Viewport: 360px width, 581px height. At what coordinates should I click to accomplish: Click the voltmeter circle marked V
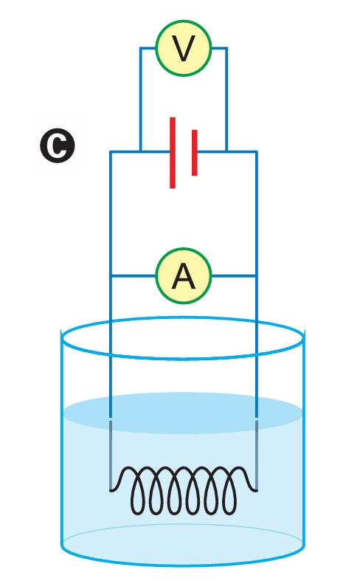click(x=184, y=48)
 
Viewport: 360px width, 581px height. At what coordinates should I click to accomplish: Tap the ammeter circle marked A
click(x=184, y=276)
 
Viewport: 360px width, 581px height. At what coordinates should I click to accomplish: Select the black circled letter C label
click(x=58, y=145)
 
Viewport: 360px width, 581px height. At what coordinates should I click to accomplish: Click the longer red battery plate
click(x=173, y=153)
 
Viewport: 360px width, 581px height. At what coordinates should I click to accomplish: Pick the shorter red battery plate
click(x=195, y=153)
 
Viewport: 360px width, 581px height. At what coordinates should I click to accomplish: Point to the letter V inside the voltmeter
click(x=184, y=49)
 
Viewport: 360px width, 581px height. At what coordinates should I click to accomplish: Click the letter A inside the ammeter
click(x=184, y=276)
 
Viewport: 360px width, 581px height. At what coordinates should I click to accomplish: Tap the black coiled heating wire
click(x=184, y=490)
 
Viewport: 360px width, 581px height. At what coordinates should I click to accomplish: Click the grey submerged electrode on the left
click(x=111, y=455)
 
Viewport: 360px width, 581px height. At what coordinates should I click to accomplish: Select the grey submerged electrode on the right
click(x=257, y=455)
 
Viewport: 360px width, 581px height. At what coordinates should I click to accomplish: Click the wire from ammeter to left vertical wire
click(x=134, y=275)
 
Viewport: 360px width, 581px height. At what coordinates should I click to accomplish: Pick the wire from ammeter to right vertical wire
click(x=234, y=275)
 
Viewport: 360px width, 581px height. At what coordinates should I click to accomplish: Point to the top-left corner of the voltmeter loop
click(x=140, y=48)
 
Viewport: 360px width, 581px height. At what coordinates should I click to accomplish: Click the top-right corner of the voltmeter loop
click(x=226, y=48)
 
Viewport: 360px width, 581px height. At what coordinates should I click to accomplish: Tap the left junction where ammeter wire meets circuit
click(x=111, y=275)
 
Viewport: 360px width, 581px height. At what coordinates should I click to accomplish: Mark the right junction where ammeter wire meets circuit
click(x=257, y=275)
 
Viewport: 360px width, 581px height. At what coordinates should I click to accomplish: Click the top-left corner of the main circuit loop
click(x=111, y=151)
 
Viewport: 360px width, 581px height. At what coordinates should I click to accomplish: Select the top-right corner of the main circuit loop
click(x=257, y=151)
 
